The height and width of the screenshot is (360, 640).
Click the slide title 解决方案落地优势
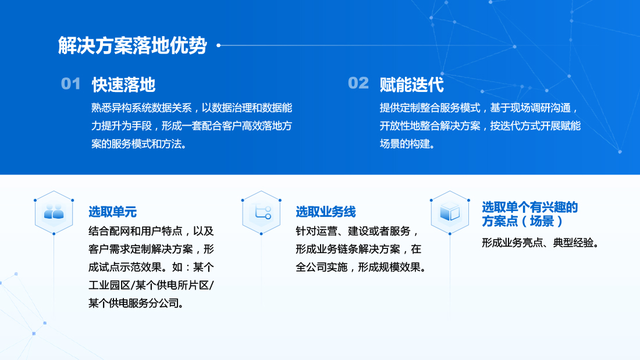133,45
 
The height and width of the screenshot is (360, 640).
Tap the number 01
70,84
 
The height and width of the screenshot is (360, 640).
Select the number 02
358,83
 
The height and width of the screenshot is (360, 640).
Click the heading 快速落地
124,84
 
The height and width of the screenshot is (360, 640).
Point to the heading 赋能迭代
411,84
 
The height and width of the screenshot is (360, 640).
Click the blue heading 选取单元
113,212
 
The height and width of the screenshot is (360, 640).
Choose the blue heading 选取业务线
326,212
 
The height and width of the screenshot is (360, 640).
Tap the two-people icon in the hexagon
54,212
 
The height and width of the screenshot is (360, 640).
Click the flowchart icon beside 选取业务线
262,212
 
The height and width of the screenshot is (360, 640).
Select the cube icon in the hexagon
450,212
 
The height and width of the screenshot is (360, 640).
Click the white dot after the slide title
219,45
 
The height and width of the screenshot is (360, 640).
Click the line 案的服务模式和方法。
140,144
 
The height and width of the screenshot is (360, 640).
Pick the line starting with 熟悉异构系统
191,108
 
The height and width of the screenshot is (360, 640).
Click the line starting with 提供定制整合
479,108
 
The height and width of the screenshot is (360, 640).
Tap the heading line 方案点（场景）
522,221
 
